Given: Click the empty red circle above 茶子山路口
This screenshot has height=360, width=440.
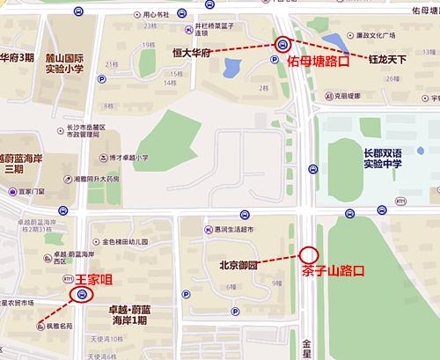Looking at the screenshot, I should (x=308, y=253).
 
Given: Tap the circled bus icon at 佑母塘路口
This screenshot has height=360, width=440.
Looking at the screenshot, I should (x=282, y=44).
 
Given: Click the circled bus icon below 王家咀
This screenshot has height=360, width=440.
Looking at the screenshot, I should (x=81, y=295).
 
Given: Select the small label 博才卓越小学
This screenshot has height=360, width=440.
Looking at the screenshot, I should (x=124, y=159).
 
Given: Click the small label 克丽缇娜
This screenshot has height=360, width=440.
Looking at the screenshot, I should (x=350, y=97).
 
